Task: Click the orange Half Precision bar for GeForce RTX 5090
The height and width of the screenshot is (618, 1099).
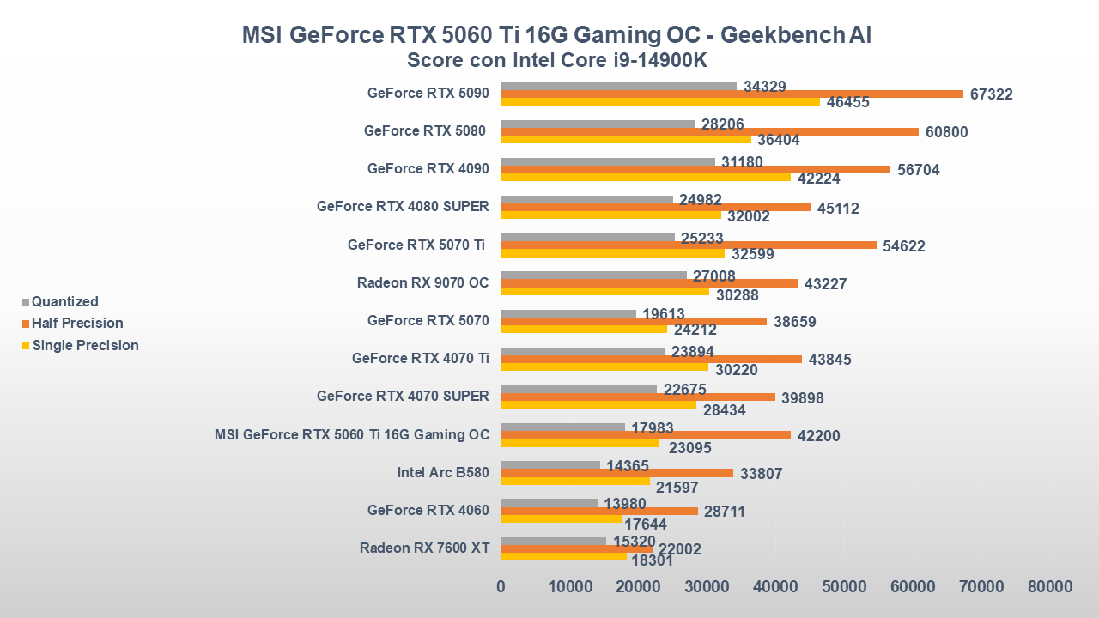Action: pos(732,94)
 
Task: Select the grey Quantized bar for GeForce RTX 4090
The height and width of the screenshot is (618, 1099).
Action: pos(608,161)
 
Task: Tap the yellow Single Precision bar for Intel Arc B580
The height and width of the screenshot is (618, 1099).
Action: pos(575,481)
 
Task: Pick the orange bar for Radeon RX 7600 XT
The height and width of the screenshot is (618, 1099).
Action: pos(577,548)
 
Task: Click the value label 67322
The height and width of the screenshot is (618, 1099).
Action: pos(992,94)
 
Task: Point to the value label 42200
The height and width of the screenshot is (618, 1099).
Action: pos(819,436)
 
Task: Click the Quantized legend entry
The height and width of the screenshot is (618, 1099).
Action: pos(64,301)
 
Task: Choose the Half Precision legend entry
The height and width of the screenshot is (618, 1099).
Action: pos(77,324)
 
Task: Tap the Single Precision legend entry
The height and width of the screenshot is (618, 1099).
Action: pos(85,346)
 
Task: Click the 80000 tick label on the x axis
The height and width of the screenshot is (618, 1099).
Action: pos(1050,587)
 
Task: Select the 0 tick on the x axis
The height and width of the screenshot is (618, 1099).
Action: pos(501,587)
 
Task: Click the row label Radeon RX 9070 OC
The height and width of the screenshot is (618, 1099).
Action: pos(423,282)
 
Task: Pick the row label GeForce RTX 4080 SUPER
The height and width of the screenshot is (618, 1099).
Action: pos(403,206)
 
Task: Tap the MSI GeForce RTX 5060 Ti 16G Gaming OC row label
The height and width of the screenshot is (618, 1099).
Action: pos(352,434)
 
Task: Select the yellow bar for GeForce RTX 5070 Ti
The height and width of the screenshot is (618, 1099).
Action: pos(613,253)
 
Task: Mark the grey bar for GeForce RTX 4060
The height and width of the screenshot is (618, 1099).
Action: pos(549,503)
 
